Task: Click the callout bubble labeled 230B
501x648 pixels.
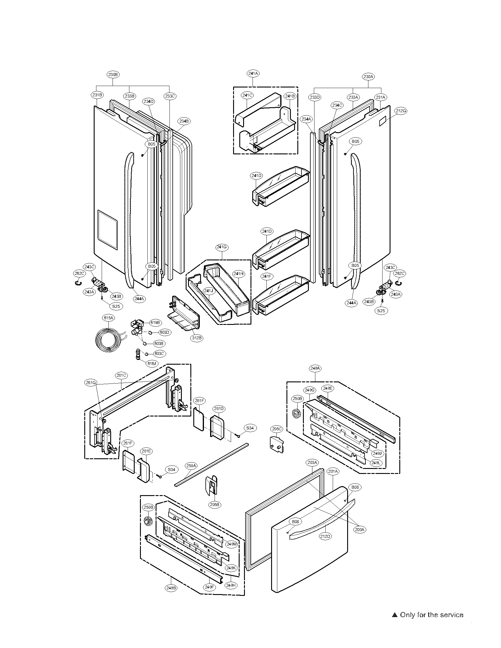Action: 113,75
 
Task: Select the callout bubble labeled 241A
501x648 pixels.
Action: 253,73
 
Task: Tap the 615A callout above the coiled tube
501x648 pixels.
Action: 109,318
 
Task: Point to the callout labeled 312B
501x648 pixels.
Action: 197,338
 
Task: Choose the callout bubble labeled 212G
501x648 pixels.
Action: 401,111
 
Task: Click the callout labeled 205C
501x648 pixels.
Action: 277,429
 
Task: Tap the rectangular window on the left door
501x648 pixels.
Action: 108,230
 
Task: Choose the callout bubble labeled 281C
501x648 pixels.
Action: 121,375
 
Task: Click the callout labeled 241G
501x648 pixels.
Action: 222,247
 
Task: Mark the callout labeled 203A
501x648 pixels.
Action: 312,462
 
